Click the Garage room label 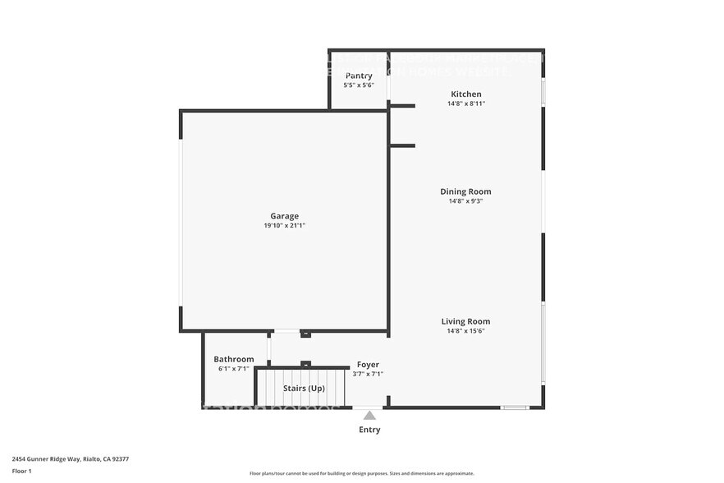pos(285,216)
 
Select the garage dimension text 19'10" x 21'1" pos(285,226)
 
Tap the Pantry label pos(358,76)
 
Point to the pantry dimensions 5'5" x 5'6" pos(358,85)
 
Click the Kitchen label pos(465,94)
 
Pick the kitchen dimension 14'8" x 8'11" pos(465,104)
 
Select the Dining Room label pos(465,191)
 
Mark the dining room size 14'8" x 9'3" pos(465,201)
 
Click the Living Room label pos(465,321)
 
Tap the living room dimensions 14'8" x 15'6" pos(465,331)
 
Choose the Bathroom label pos(233,359)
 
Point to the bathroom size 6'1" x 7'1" pos(233,369)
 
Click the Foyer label pos(368,365)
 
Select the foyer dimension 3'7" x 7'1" pos(368,375)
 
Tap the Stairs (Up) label pos(304,388)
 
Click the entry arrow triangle pos(369,416)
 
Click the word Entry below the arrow pos(369,430)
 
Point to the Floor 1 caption pos(22,471)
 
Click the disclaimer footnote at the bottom pos(361,474)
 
